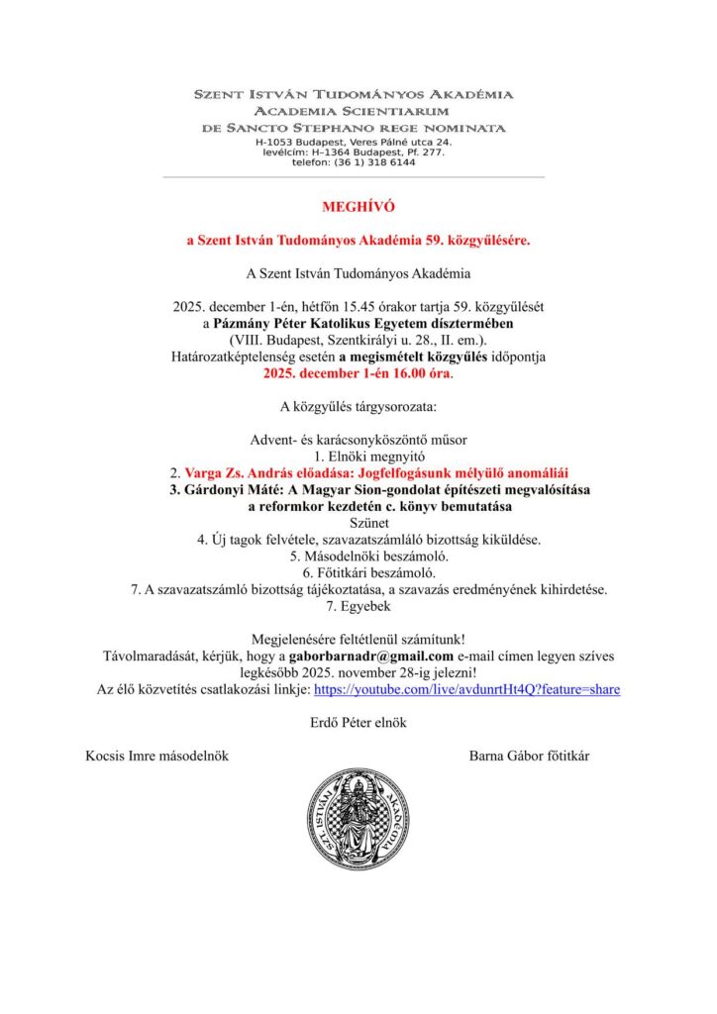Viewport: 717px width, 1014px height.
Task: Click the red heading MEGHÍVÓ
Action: [358, 207]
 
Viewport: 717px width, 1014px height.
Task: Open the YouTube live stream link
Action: [466, 688]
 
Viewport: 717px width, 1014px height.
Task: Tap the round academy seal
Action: [358, 820]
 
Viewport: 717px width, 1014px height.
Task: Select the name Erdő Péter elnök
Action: [358, 722]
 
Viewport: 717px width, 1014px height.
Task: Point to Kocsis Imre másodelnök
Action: [157, 756]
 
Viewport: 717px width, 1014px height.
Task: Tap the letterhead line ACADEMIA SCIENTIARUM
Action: [354, 111]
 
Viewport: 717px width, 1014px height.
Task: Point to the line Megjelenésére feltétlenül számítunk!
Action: [358, 639]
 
